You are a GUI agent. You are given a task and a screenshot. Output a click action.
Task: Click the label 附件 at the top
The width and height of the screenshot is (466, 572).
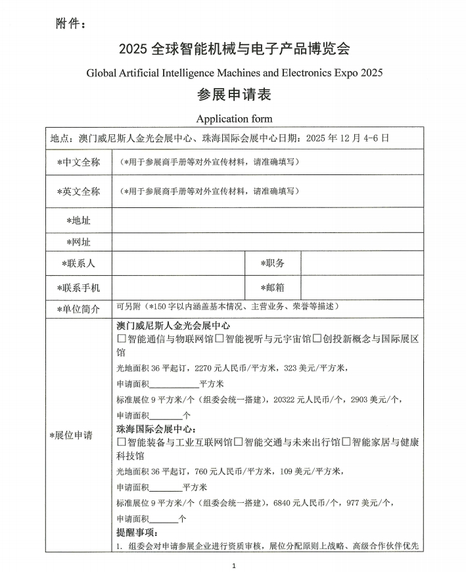pyautogui.click(x=70, y=24)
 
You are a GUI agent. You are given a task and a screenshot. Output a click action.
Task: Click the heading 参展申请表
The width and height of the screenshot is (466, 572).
pyautogui.click(x=234, y=94)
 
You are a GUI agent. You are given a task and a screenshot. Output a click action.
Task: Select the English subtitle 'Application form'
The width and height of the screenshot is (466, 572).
pyautogui.click(x=234, y=118)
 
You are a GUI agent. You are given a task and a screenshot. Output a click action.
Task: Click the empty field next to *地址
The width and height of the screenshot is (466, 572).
pyautogui.click(x=267, y=220)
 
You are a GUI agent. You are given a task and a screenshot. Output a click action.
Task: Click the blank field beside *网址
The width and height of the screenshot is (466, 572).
pyautogui.click(x=267, y=242)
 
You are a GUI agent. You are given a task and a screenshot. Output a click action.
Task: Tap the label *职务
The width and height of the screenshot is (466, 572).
pyautogui.click(x=272, y=263)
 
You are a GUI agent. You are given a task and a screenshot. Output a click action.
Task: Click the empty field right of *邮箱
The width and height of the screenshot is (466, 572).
pyautogui.click(x=361, y=287)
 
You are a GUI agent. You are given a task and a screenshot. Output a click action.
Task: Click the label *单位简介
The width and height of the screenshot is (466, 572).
pyautogui.click(x=79, y=309)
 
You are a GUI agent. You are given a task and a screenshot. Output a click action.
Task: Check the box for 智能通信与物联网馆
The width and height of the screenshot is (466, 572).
pyautogui.click(x=122, y=339)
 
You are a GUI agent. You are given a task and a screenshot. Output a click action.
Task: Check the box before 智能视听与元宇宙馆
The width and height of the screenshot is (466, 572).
pyautogui.click(x=220, y=339)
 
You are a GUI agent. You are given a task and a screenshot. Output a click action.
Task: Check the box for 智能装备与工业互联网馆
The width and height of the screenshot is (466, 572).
pyautogui.click(x=122, y=442)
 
